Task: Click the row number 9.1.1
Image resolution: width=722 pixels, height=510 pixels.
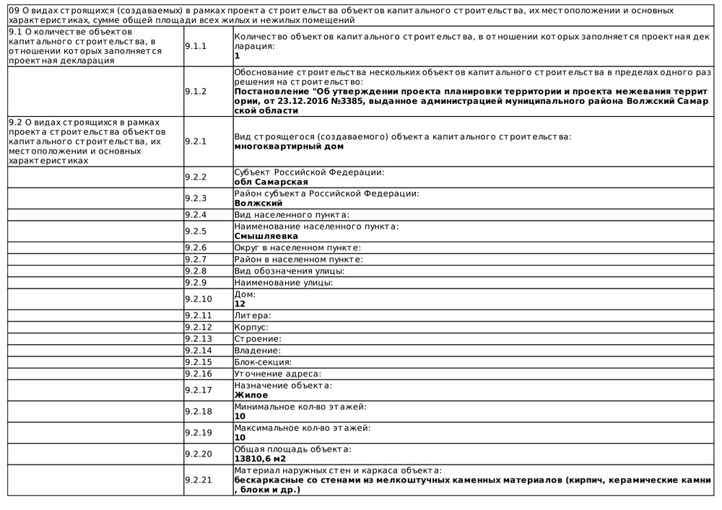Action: (x=196, y=45)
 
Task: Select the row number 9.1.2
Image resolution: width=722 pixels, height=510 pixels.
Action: (x=196, y=92)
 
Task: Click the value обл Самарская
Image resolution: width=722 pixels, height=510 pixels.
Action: (x=266, y=182)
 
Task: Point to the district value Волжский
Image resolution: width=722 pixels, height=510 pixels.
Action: (x=258, y=203)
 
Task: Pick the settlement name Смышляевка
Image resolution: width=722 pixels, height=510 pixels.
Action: (x=266, y=236)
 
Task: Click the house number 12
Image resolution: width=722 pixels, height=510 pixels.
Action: (x=240, y=304)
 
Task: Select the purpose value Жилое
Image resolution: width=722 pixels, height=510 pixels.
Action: (x=251, y=395)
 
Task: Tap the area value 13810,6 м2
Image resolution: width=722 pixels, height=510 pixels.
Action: (x=260, y=458)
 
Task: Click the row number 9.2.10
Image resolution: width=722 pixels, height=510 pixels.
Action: (x=199, y=299)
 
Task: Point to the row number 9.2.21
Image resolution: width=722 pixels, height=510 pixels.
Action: (x=199, y=480)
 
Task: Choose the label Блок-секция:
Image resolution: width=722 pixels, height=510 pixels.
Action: (x=263, y=362)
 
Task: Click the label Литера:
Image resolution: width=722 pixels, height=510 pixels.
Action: (x=253, y=316)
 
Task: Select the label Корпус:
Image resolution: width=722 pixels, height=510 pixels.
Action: (x=251, y=327)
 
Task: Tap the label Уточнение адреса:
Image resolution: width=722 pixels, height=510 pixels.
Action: (x=277, y=374)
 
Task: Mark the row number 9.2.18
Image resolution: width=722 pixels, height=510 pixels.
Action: (x=199, y=411)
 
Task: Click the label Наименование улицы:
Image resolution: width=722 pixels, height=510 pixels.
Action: (x=283, y=283)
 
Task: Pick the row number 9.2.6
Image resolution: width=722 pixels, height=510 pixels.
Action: (x=196, y=248)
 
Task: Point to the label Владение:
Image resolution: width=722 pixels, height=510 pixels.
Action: (x=258, y=351)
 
